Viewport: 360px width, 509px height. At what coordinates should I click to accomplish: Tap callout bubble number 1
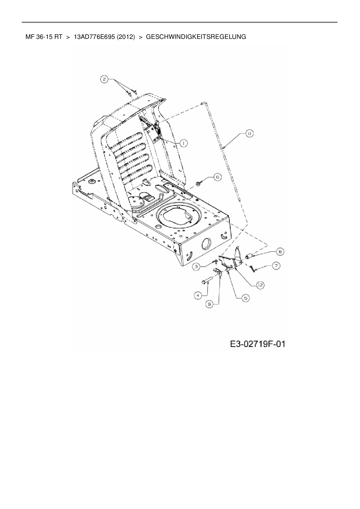[x=183, y=143]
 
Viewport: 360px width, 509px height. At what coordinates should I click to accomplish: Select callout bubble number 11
[x=249, y=133]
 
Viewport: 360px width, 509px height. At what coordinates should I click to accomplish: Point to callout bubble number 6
[x=217, y=177]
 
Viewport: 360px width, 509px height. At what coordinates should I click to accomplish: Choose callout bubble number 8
[x=280, y=252]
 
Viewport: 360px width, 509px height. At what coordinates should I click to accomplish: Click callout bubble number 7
[x=276, y=265]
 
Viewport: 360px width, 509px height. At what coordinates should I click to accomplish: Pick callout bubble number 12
[x=260, y=285]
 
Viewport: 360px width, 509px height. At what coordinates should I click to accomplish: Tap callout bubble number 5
[x=245, y=298]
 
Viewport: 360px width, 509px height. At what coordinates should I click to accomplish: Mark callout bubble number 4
[x=198, y=295]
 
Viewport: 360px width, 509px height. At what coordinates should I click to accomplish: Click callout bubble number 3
[x=197, y=266]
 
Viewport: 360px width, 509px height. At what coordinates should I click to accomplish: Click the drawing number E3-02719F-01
[x=258, y=344]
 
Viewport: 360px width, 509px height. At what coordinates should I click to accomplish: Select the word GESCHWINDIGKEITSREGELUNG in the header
[x=196, y=37]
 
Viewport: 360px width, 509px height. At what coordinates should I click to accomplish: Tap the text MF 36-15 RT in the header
[x=44, y=37]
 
